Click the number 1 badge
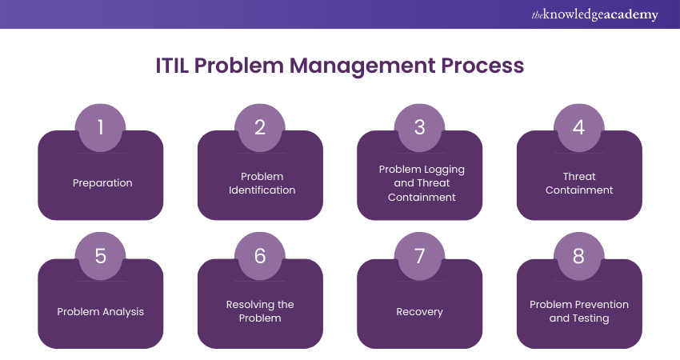[101, 127]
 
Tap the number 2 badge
[260, 127]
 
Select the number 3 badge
[419, 127]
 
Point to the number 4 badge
[578, 127]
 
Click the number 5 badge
[101, 256]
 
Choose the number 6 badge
[260, 256]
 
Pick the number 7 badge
[419, 256]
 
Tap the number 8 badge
[578, 256]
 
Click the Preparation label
[102, 183]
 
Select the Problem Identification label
[261, 183]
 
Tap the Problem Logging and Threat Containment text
[421, 183]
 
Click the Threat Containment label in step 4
[579, 183]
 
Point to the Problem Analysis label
[101, 311]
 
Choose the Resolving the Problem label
[261, 311]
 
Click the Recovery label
[420, 311]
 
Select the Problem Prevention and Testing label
[579, 311]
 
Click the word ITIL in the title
[174, 66]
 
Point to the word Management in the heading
[362, 66]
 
